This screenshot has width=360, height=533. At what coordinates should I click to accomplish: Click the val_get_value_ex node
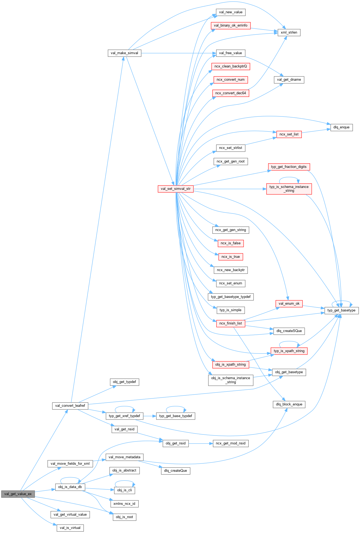(18, 494)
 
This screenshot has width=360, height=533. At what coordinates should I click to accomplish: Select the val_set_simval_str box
(176, 189)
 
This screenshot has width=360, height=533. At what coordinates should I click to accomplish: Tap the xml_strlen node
(289, 32)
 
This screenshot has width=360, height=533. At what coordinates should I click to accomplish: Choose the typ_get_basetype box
(341, 310)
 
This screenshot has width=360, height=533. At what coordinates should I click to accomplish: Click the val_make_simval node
(124, 53)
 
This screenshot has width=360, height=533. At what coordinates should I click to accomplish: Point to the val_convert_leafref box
(70, 406)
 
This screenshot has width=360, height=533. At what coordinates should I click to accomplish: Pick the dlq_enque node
(341, 127)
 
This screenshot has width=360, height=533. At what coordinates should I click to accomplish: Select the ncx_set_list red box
(289, 134)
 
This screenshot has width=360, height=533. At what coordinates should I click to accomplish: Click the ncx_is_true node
(231, 257)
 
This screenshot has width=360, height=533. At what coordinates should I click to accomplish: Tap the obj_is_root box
(124, 517)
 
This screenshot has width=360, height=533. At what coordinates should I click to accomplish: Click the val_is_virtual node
(70, 528)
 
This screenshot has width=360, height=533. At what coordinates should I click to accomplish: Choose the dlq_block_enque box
(289, 404)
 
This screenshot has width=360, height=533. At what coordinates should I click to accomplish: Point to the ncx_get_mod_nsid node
(231, 443)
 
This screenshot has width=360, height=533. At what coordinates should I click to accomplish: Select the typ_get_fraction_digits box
(289, 167)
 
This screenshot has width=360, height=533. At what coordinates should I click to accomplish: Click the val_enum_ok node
(289, 304)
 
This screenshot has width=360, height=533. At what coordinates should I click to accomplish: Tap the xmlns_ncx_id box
(124, 504)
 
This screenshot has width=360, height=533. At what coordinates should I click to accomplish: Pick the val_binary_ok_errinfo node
(231, 25)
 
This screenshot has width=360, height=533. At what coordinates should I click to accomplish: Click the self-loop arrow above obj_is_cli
(125, 481)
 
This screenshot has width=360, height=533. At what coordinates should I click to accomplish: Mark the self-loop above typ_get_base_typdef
(176, 407)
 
